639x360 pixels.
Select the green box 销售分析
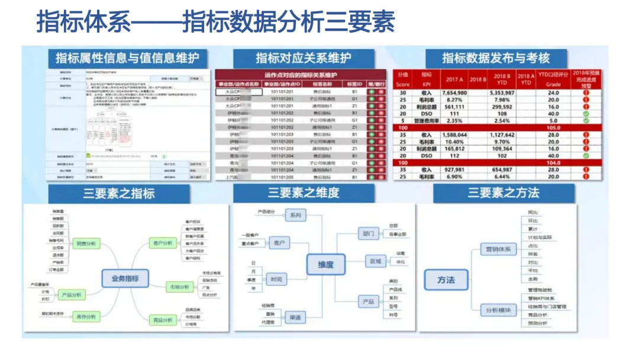tap(86, 243)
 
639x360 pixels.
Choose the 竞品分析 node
tap(163, 320)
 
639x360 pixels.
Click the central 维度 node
tap(326, 264)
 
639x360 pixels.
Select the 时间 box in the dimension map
tap(276, 279)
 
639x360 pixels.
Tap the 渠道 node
tap(294, 318)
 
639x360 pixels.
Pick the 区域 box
tap(375, 261)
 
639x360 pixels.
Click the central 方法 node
tap(446, 280)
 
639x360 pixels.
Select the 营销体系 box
tap(498, 249)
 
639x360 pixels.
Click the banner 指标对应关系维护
tap(303, 58)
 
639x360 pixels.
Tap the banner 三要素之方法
tap(504, 192)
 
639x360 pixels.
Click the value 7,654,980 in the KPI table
tap(454, 93)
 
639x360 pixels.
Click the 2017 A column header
tap(454, 79)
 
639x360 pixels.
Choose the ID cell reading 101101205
tap(282, 177)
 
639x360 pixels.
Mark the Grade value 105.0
tap(554, 128)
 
